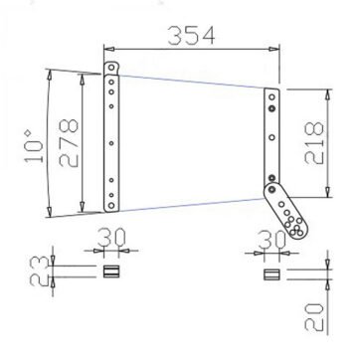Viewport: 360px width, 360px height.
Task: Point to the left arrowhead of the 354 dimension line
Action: (x=108, y=45)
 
